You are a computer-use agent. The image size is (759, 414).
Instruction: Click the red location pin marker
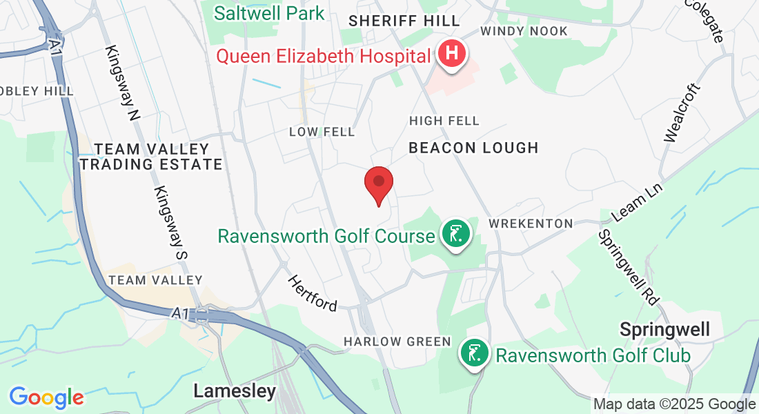pyautogui.click(x=378, y=182)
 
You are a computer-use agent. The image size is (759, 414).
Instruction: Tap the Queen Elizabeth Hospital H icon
pyautogui.click(x=452, y=54)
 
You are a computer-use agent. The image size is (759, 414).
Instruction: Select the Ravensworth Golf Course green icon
pyautogui.click(x=455, y=235)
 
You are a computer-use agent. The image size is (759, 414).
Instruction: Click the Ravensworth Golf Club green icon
pyautogui.click(x=475, y=354)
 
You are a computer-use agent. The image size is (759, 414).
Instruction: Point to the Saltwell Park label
pyautogui.click(x=269, y=12)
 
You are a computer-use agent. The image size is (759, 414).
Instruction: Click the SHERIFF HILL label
pyautogui.click(x=394, y=21)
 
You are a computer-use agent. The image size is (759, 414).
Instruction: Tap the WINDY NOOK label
pyautogui.click(x=524, y=31)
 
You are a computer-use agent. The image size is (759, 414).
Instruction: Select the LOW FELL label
pyautogui.click(x=322, y=131)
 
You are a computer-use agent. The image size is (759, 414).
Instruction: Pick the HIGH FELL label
pyautogui.click(x=444, y=121)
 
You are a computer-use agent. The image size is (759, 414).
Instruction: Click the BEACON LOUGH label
pyautogui.click(x=473, y=148)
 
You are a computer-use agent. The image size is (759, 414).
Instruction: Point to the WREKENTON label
pyautogui.click(x=531, y=224)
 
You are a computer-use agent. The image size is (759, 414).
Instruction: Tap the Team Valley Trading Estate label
pyautogui.click(x=151, y=157)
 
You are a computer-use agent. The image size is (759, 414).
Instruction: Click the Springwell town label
pyautogui.click(x=664, y=330)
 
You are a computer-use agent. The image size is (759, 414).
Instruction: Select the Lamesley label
pyautogui.click(x=235, y=391)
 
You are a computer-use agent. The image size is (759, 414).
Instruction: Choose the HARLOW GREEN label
pyautogui.click(x=397, y=342)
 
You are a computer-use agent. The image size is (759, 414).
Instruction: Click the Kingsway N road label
pyautogui.click(x=124, y=83)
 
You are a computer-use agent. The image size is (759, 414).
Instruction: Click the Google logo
pyautogui.click(x=46, y=397)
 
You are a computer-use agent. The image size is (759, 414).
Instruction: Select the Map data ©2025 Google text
pyautogui.click(x=674, y=404)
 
